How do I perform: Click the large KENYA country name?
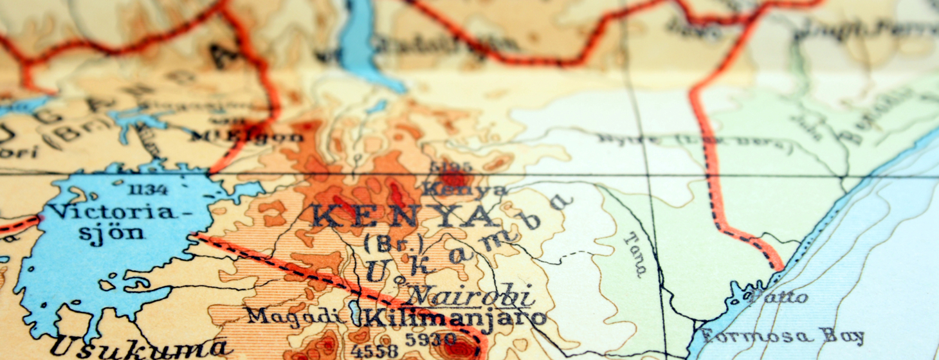click(405, 217)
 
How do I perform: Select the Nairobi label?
click(473, 295)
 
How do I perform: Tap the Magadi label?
click(293, 316)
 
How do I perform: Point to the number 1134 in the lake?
click(148, 189)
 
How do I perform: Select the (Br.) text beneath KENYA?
click(384, 244)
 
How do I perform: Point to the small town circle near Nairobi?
click(399, 280)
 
